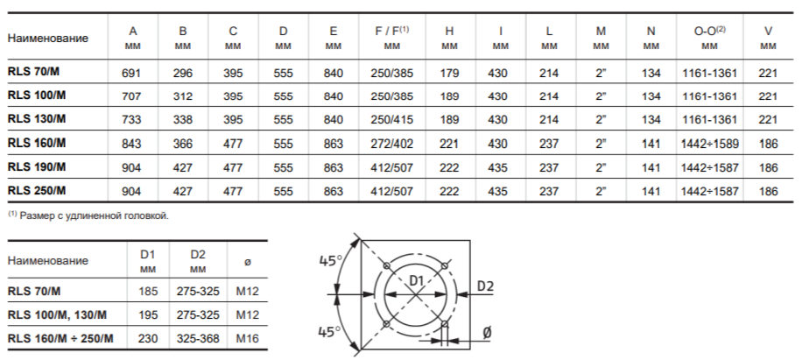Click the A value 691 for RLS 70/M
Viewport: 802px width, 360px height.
click(131, 73)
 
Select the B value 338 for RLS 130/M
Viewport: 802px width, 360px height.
click(183, 120)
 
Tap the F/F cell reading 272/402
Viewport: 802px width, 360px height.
click(391, 144)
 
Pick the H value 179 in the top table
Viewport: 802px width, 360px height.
click(449, 73)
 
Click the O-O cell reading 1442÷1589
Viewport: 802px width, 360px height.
click(710, 144)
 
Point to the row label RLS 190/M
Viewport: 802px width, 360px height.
click(37, 166)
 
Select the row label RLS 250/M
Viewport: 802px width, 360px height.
click(37, 191)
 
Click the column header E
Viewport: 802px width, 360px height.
click(334, 32)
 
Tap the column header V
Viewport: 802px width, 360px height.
click(768, 32)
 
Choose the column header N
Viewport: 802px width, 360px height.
click(651, 32)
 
